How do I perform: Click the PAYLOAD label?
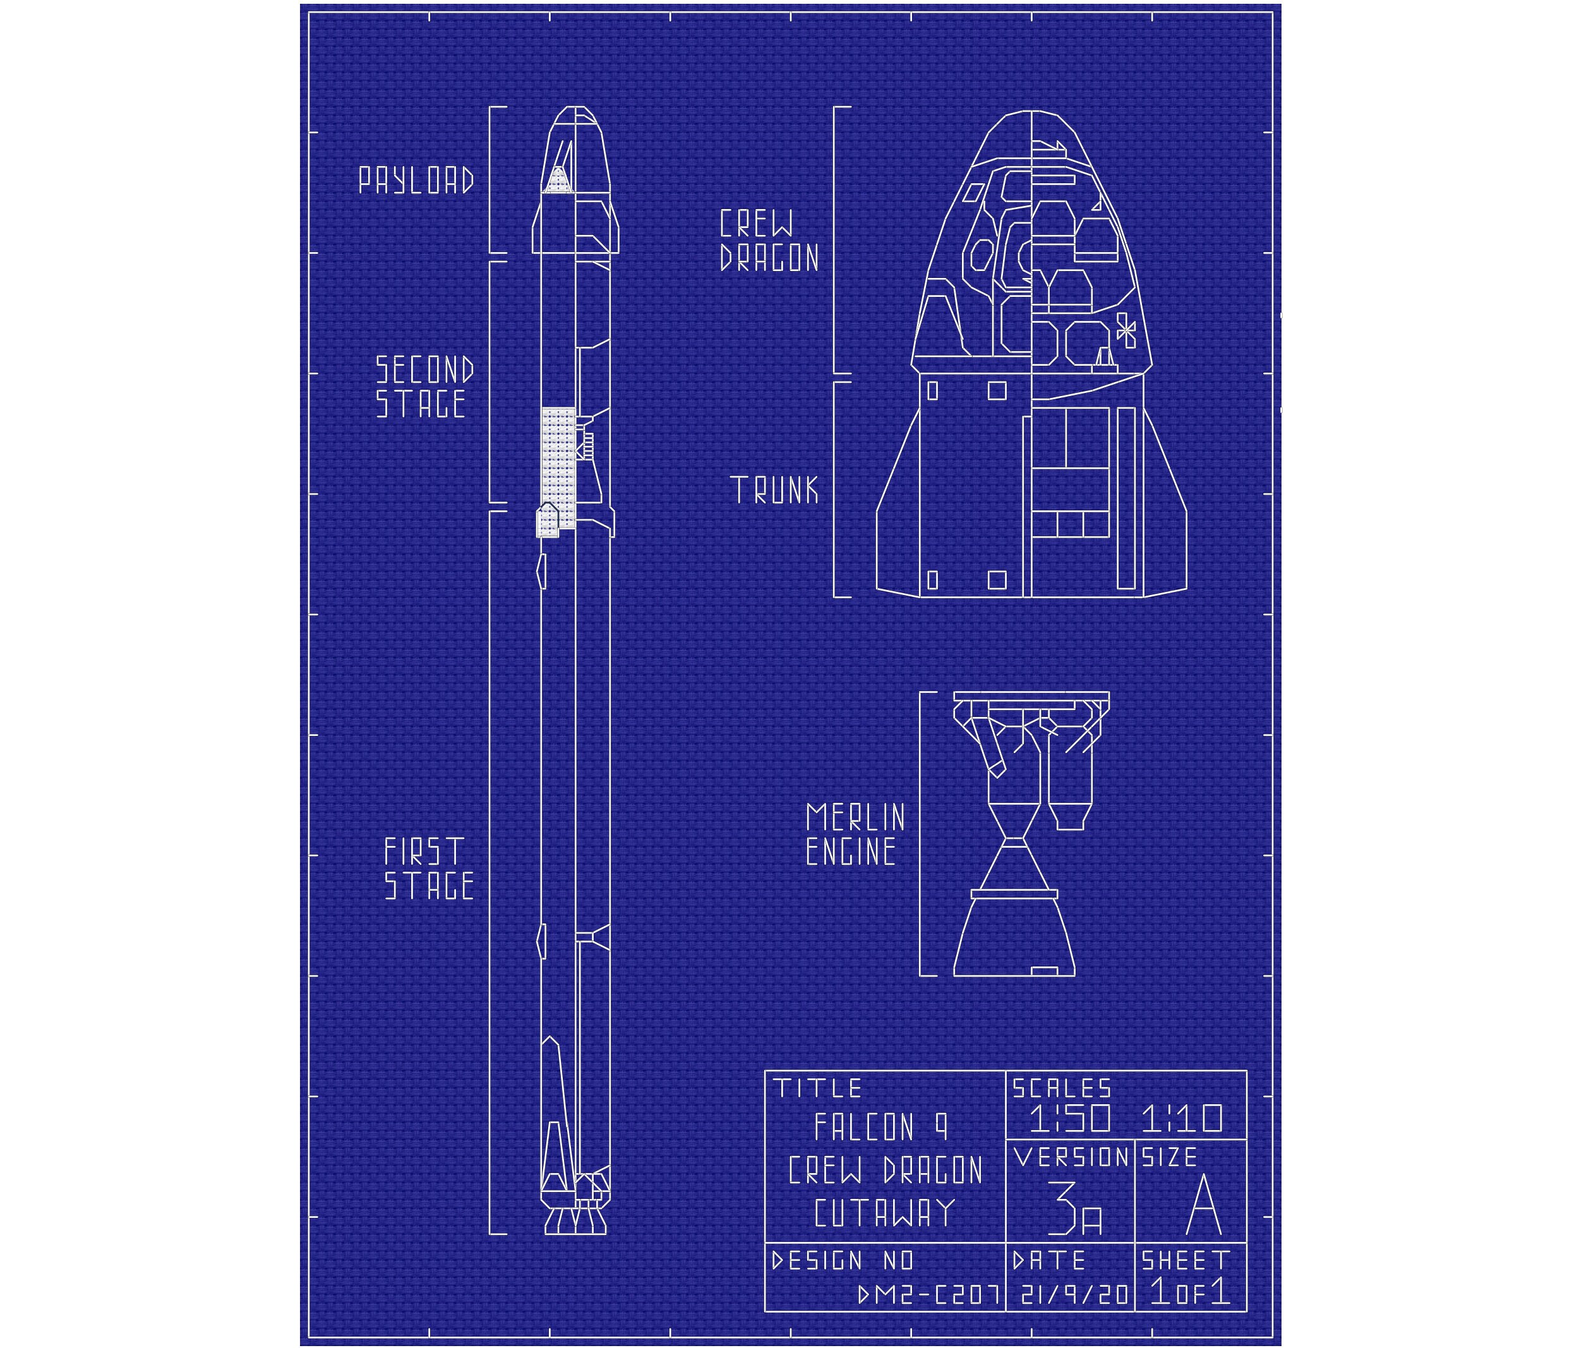pos(417,181)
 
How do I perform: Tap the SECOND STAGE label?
pos(424,387)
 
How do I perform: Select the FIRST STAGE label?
pos(429,869)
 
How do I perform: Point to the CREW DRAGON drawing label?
pos(769,241)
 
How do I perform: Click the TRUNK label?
pos(774,490)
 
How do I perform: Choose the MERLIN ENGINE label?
pos(855,834)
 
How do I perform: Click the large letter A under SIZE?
pos(1204,1205)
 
